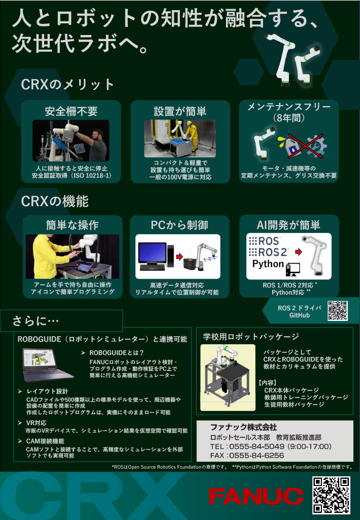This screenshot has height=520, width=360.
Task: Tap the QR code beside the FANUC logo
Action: tap(331, 496)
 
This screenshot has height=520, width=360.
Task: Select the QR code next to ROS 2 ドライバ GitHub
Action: tap(338, 311)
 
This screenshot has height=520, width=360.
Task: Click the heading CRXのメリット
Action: tap(68, 84)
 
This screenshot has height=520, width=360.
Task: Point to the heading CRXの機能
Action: tap(55, 201)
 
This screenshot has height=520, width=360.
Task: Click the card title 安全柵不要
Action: tap(71, 111)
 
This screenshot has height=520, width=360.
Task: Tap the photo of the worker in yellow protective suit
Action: tap(180, 138)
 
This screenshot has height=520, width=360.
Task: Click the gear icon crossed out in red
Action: tap(316, 146)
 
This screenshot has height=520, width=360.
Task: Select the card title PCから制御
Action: tap(179, 225)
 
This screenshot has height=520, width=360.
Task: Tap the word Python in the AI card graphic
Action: tap(268, 264)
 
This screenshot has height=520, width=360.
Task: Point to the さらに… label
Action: tap(36, 321)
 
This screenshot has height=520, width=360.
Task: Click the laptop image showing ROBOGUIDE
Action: tap(47, 365)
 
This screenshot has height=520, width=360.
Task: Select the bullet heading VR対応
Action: tap(37, 423)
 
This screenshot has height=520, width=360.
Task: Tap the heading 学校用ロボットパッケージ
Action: tap(251, 337)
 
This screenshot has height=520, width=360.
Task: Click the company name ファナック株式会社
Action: tap(244, 427)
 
